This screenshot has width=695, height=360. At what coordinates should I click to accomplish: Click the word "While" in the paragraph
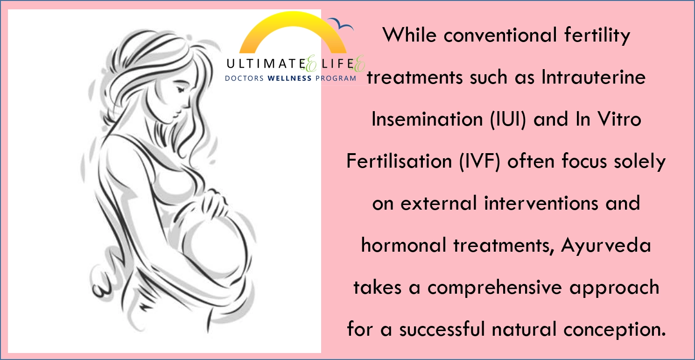tap(409, 35)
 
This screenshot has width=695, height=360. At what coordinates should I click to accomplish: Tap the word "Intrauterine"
tap(594, 77)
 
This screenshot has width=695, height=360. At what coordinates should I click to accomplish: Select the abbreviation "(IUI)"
tap(508, 119)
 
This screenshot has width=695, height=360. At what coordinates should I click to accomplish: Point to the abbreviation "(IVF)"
tap(480, 162)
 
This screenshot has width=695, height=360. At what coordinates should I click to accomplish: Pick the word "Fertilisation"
tap(399, 161)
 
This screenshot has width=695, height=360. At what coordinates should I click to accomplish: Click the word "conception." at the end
tap(615, 330)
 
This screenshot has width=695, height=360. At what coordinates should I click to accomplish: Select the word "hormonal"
tap(404, 245)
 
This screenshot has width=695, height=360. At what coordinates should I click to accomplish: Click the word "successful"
tap(442, 329)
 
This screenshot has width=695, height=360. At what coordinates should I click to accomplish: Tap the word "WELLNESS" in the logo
tap(289, 78)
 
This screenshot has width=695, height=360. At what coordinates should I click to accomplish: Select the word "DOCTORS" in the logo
tap(244, 78)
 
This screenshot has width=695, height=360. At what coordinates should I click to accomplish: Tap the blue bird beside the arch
tap(341, 24)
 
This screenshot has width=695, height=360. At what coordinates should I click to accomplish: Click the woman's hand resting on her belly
tap(214, 202)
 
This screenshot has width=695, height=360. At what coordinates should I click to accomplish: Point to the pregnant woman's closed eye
tap(180, 89)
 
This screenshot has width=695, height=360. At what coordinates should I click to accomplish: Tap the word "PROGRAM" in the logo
tap(336, 78)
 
